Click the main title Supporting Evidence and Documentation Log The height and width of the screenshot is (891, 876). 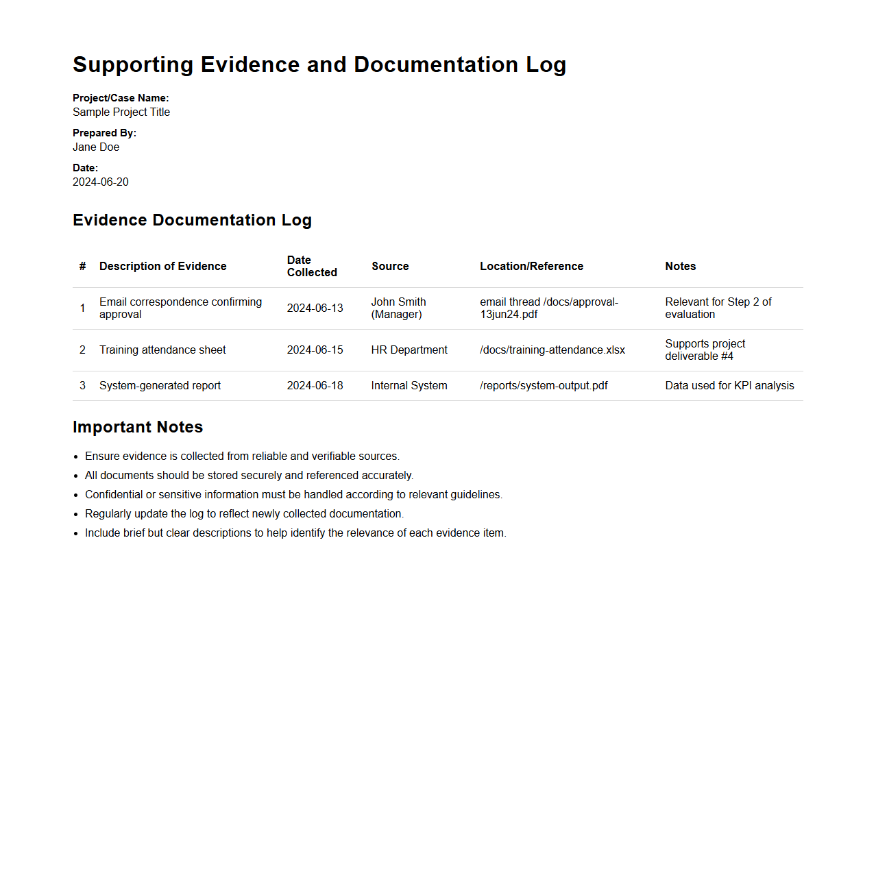(x=319, y=64)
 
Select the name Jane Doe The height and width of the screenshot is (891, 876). (x=96, y=147)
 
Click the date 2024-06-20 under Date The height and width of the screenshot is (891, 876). (x=101, y=182)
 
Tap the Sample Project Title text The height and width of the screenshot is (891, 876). (x=121, y=112)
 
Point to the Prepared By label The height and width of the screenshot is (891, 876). (x=104, y=133)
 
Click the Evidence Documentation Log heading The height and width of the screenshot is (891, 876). (x=192, y=220)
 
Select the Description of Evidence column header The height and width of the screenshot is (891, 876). (x=162, y=267)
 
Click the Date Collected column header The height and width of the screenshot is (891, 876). (x=312, y=267)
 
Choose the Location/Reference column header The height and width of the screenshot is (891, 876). (x=531, y=267)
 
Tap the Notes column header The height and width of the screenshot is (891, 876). (x=680, y=267)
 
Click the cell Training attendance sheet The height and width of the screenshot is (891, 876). (x=162, y=350)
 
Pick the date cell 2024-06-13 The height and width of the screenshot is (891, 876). (x=315, y=308)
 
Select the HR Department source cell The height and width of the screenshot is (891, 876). (x=409, y=350)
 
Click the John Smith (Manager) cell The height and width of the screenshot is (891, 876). (x=398, y=308)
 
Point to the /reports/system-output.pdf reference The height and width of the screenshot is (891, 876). (x=544, y=386)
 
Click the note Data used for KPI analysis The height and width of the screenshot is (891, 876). (x=729, y=386)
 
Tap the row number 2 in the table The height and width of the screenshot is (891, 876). (x=82, y=350)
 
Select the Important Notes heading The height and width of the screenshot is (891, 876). (x=138, y=427)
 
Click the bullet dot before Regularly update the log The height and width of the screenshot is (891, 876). (x=76, y=514)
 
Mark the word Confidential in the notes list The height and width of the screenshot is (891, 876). (x=114, y=495)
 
